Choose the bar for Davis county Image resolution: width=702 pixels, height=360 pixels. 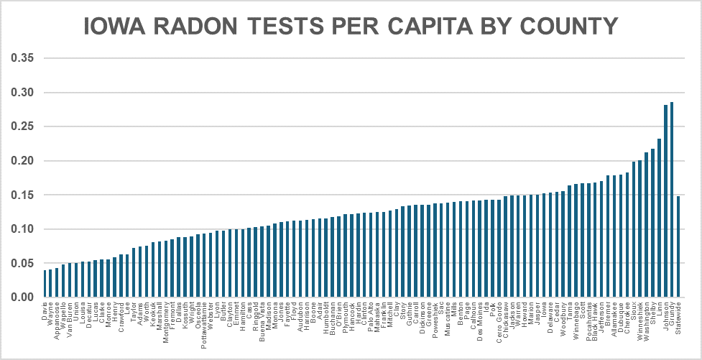coord(45,284)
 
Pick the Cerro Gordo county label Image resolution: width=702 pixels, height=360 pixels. coord(499,321)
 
